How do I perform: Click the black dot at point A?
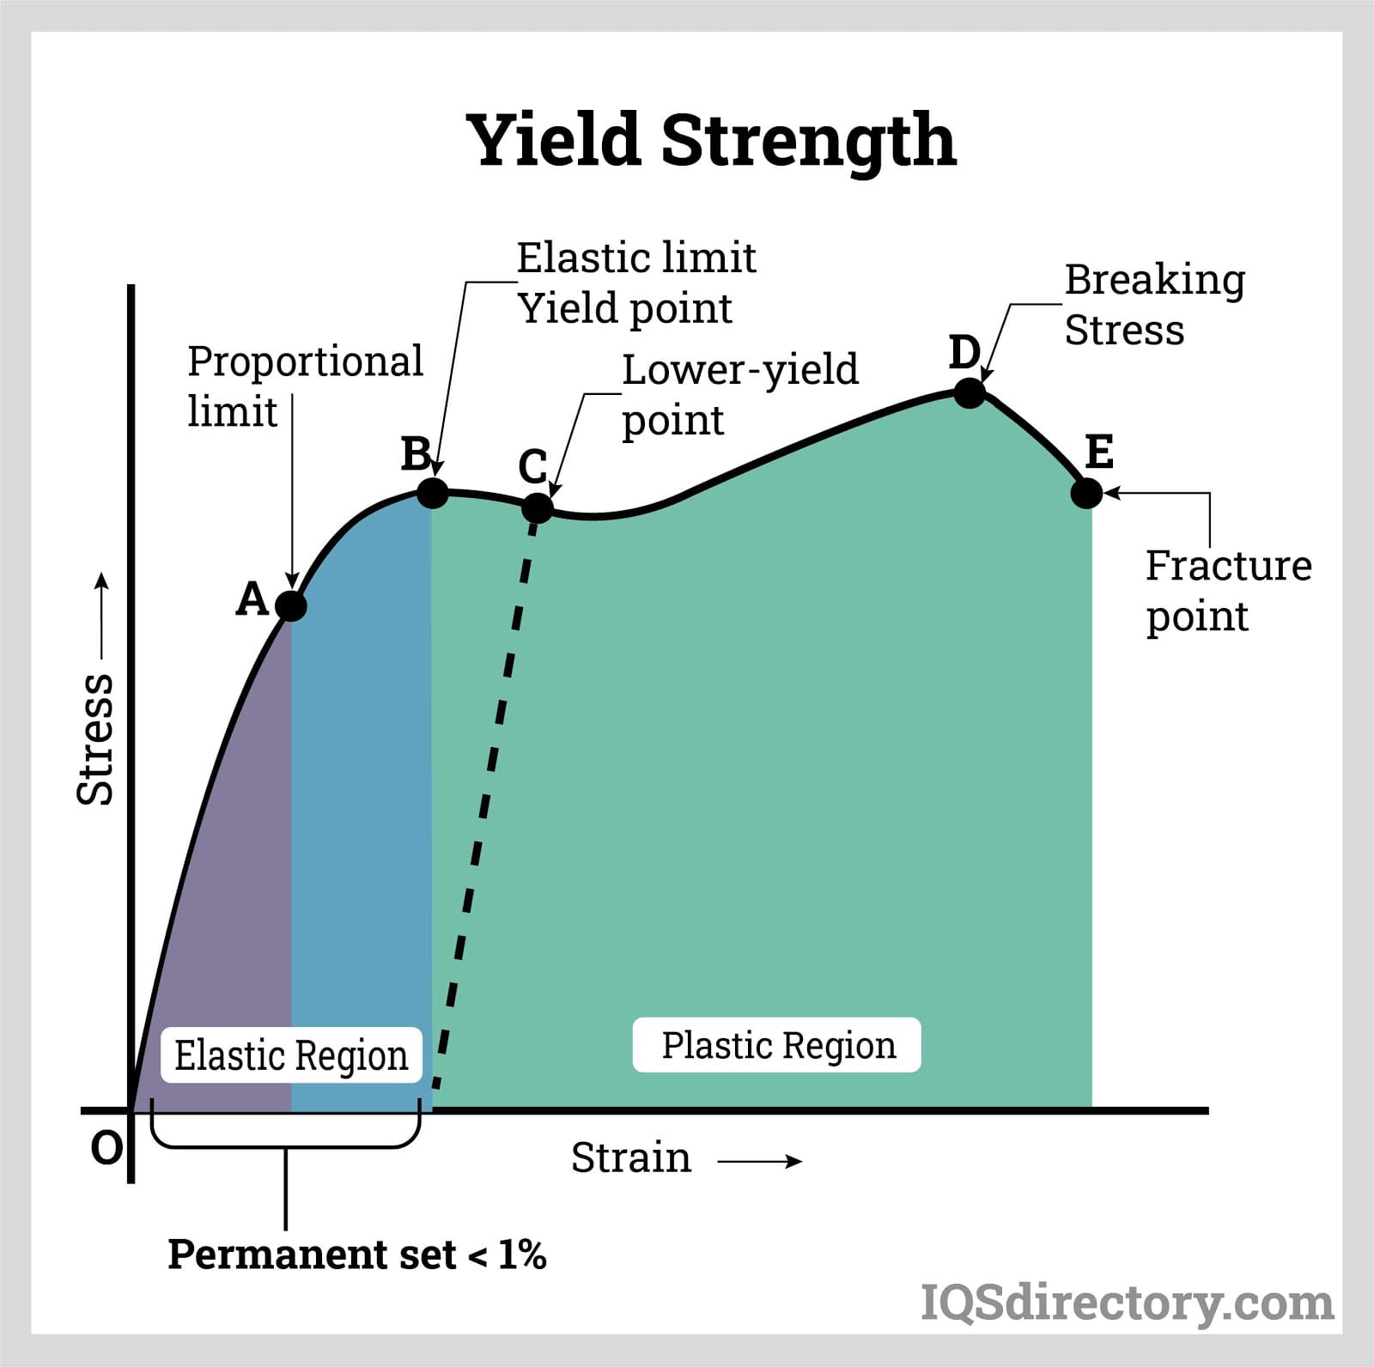tap(291, 606)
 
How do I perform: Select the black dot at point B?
tap(433, 493)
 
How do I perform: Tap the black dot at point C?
tap(538, 507)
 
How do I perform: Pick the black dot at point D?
tap(970, 393)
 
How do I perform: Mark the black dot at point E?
tap(1086, 493)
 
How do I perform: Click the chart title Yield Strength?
tap(711, 141)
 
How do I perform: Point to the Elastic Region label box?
tap(291, 1055)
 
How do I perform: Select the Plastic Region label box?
tap(777, 1045)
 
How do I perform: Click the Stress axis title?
tap(95, 738)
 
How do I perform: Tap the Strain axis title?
tap(631, 1157)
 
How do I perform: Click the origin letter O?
tap(106, 1147)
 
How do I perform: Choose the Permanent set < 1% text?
tap(356, 1255)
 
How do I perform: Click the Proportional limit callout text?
tap(305, 386)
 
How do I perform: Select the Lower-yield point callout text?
tap(739, 394)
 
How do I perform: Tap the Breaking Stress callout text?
tap(1154, 304)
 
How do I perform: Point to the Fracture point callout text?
tap(1228, 591)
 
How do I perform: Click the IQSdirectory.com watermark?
tap(1127, 1303)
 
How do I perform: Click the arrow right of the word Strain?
tap(760, 1162)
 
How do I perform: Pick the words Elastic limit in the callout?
tap(636, 258)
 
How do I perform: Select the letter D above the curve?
tap(964, 352)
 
